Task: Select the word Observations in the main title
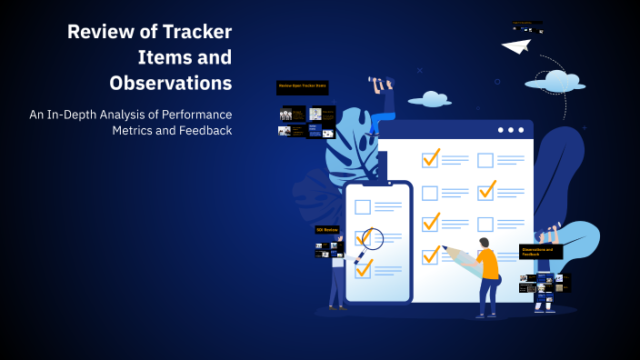(170, 83)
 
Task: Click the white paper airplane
(515, 45)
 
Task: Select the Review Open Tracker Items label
(302, 87)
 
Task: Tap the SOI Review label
(327, 230)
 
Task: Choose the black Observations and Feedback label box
(541, 251)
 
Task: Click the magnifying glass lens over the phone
(372, 238)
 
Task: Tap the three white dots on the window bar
(511, 131)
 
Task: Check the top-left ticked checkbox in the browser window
(430, 159)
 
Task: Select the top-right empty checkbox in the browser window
(485, 160)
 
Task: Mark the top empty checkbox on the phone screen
(363, 206)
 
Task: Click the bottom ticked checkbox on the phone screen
(364, 268)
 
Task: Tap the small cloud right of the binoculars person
(429, 98)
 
